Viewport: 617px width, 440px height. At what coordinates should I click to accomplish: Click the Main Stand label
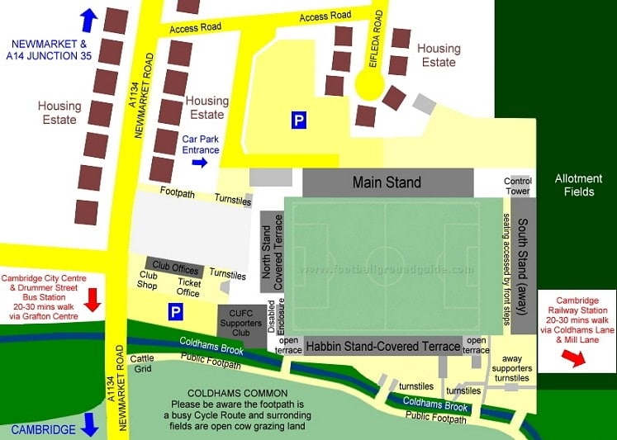coord(387,182)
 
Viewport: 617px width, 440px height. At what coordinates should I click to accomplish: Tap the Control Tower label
coord(519,187)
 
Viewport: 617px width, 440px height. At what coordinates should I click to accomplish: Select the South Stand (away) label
coord(523,266)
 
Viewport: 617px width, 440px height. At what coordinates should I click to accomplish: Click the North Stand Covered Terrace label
coord(272,253)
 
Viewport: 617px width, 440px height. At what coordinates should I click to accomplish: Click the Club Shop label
coord(148,281)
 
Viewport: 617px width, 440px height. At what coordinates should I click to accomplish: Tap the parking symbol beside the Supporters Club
coord(175,312)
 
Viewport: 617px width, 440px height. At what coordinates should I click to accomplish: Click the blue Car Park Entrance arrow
coord(199,163)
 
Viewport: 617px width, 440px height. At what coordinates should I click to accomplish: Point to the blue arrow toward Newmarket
coord(88,18)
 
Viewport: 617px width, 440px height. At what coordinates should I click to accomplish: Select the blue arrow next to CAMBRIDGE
coord(90,425)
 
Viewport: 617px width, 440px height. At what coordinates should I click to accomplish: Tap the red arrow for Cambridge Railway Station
coord(571,356)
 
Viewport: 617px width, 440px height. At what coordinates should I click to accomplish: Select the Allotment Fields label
coord(573,185)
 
